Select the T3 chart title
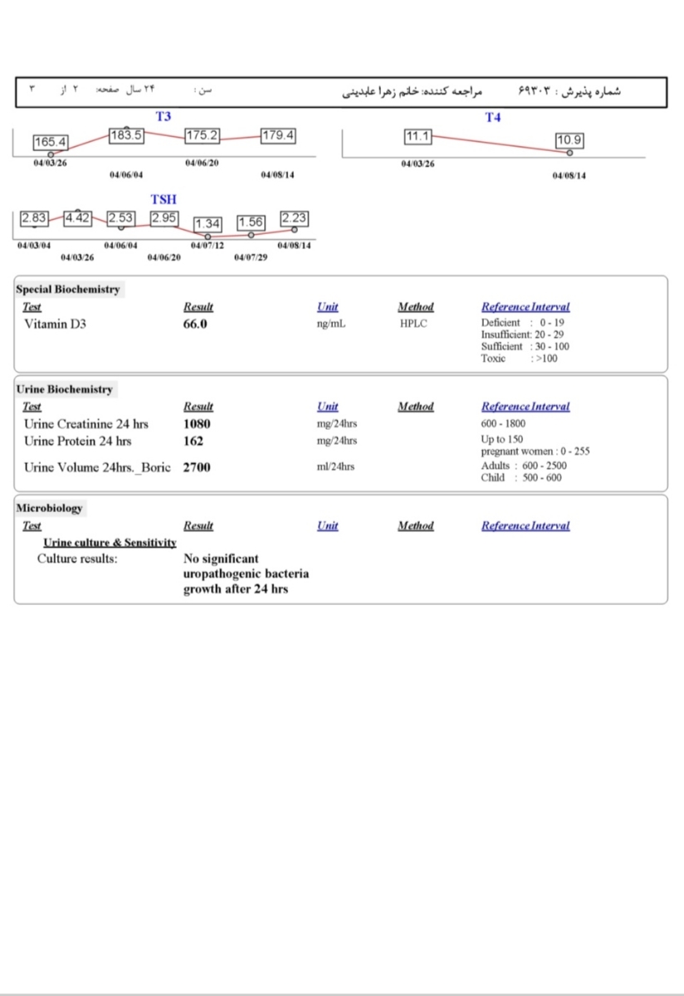coord(163,117)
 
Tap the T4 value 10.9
coord(569,140)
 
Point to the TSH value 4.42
coord(77,218)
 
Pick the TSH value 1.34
coord(208,223)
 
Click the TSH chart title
coord(164,200)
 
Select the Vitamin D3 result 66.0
coord(195,324)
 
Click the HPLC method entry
coord(413,324)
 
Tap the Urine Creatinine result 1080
coord(198,424)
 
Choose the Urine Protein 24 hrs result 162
coord(193,442)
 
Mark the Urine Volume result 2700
coord(197,467)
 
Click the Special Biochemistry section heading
coord(68,290)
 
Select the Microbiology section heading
coord(49,508)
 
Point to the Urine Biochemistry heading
coord(65,389)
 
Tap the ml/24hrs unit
coord(335,467)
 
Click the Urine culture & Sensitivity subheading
coord(110,543)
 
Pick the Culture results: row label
coord(77,559)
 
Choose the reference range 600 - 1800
coord(503,424)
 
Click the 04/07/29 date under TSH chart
coord(251,258)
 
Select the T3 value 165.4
coord(51,143)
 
